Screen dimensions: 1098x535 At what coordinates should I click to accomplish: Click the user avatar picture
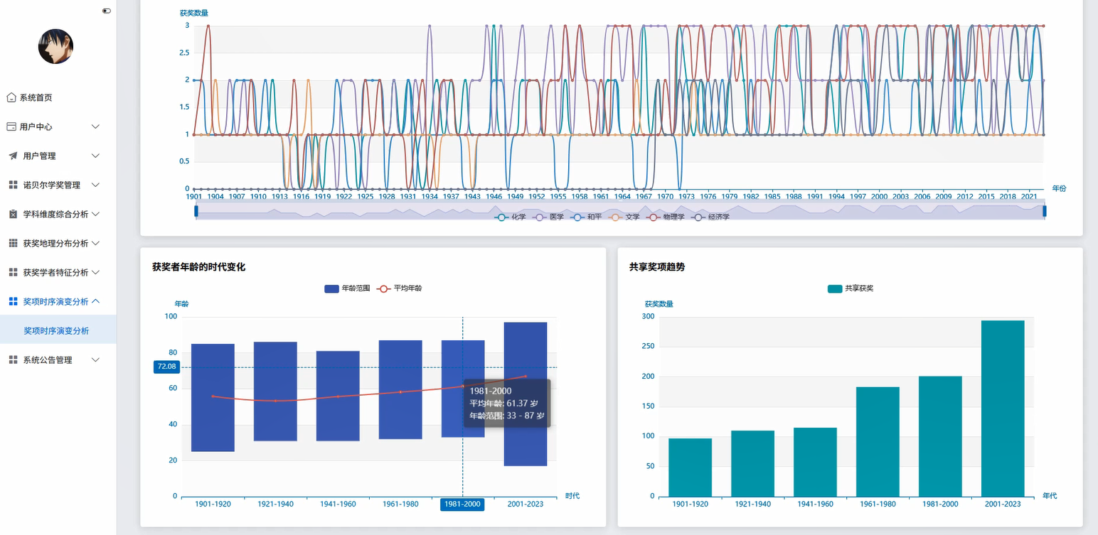[x=56, y=46]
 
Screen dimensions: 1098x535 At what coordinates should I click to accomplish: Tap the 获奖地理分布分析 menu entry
[x=54, y=243]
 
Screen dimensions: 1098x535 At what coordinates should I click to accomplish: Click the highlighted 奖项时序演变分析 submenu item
[x=56, y=330]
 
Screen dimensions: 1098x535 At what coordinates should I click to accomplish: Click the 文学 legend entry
[x=624, y=217]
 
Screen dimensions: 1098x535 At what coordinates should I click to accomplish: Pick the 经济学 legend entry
[x=710, y=217]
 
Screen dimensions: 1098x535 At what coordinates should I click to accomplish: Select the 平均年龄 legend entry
[x=400, y=288]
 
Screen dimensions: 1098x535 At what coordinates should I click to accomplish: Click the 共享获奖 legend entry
[x=851, y=288]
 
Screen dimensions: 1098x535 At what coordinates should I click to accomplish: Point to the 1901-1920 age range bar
[x=213, y=397]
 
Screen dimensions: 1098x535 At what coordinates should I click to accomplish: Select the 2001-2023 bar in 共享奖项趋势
[x=1003, y=408]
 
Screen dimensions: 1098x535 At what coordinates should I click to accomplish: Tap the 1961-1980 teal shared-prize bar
[x=878, y=441]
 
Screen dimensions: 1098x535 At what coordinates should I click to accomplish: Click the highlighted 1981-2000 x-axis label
[x=462, y=504]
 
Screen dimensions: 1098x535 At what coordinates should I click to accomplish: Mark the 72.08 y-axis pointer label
[x=166, y=367]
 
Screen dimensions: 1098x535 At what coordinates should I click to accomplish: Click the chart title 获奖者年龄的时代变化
[x=198, y=267]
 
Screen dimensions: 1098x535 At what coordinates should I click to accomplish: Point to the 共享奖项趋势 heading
[x=657, y=267]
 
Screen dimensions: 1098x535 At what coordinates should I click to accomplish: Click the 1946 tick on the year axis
[x=494, y=197]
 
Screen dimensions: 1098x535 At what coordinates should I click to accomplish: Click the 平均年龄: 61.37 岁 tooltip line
[x=504, y=404]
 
